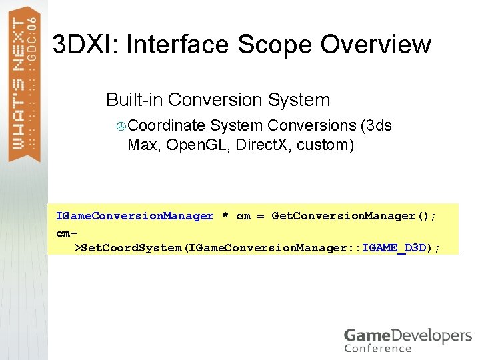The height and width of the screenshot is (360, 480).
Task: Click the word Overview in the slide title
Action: pos(376,45)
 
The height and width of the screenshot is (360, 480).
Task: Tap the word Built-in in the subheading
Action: pos(135,100)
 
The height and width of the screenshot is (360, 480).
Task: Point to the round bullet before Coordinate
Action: pos(121,126)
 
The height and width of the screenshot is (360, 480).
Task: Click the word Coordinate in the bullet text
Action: pos(166,125)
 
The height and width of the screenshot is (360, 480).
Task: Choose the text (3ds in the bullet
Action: pos(375,125)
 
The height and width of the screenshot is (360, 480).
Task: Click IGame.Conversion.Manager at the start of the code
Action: pos(135,216)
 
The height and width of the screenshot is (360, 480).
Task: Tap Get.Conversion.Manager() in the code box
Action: pos(354,216)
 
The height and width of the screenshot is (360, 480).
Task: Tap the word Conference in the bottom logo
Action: pos(378,348)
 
